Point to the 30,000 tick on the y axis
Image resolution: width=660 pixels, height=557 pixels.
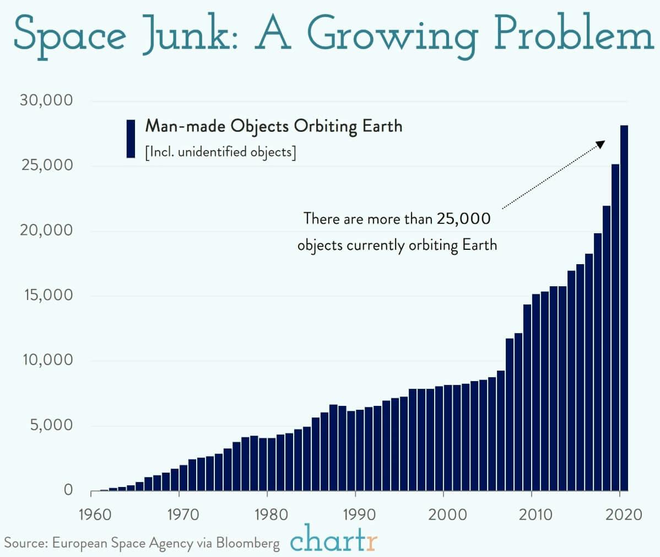(46, 100)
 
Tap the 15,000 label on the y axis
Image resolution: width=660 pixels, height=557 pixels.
(46, 295)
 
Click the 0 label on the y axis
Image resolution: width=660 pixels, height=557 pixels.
(68, 490)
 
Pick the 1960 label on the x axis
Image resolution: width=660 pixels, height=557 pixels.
(95, 515)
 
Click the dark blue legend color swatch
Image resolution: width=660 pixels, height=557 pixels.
(131, 138)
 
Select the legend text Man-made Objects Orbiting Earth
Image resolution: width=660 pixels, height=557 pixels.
(273, 126)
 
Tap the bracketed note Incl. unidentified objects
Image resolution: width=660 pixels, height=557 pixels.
(220, 152)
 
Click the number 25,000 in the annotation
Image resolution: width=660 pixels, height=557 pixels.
(463, 219)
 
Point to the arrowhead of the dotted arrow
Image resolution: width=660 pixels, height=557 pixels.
(601, 143)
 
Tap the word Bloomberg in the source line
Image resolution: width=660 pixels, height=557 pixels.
(247, 543)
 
